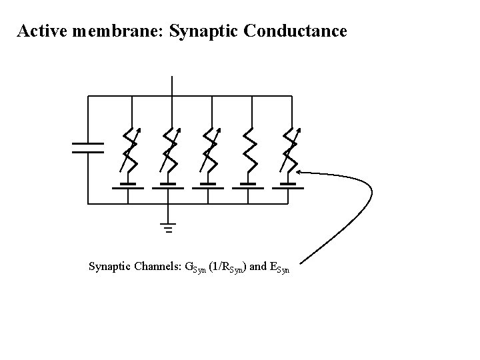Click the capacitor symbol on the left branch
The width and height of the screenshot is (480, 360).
pos(88,147)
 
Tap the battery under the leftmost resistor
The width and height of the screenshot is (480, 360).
pos(129,185)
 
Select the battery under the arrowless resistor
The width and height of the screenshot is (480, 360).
pos(249,185)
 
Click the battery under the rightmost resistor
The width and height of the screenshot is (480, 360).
pos(289,185)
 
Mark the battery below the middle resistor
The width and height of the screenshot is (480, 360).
pos(209,185)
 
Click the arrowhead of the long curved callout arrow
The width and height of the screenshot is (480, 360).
pos(301,172)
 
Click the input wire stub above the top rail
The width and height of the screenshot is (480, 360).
pos(172,86)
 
